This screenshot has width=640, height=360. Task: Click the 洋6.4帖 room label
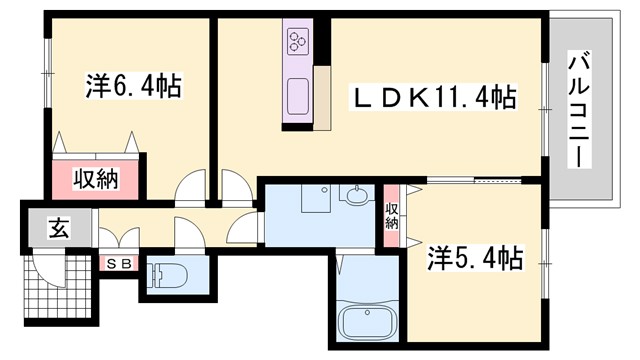coord(132,88)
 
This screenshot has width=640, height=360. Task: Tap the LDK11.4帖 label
coord(432,97)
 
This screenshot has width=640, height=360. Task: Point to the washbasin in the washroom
coord(354,196)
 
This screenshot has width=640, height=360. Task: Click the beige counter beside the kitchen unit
coord(323,96)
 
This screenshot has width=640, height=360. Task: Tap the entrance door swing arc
coord(46,268)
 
